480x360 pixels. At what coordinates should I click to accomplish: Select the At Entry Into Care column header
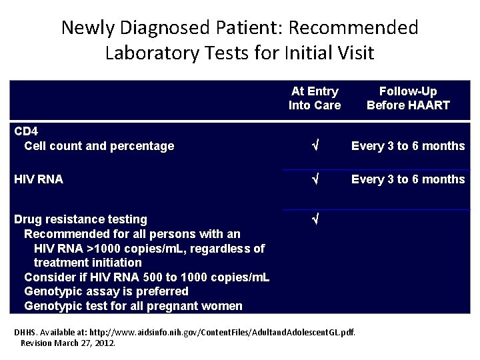pos(314,98)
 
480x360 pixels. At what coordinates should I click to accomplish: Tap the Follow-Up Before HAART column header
pos(408,98)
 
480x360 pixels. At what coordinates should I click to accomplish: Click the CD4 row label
pos(26,131)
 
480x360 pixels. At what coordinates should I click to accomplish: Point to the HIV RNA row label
pos(39,179)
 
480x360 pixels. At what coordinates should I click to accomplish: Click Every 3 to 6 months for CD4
pos(408,146)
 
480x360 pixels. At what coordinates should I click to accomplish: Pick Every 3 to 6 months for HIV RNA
pos(408,179)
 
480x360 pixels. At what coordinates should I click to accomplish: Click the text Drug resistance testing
pos(81,219)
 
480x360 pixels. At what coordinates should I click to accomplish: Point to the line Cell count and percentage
pos(99,146)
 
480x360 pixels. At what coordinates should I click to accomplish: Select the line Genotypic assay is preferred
pos(106,291)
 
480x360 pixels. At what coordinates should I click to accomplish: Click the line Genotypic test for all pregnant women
pos(133,306)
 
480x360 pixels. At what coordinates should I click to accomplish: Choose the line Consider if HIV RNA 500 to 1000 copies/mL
pos(147,277)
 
